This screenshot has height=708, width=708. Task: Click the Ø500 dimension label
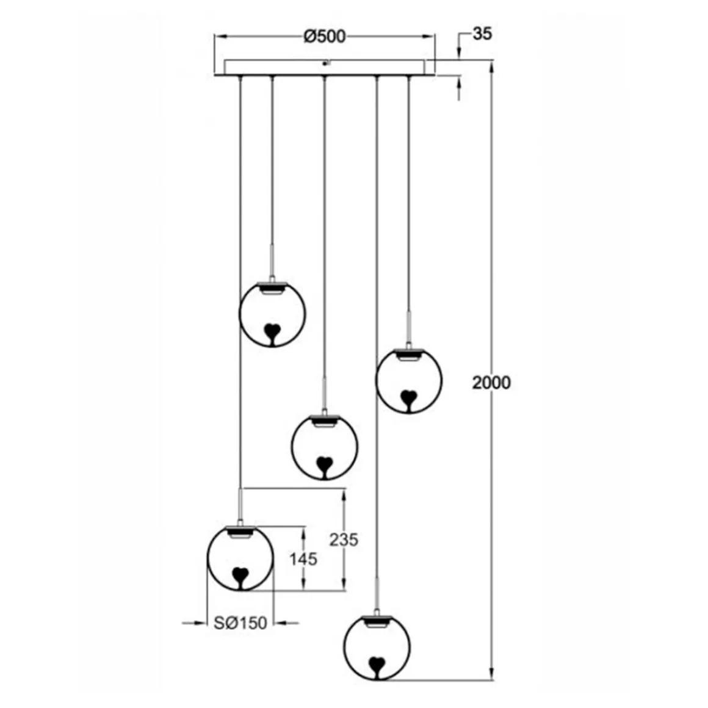(x=324, y=37)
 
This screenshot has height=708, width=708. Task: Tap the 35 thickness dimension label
(x=482, y=34)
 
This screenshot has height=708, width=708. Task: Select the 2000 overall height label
(x=491, y=383)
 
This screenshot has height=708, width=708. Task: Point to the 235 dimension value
(x=344, y=540)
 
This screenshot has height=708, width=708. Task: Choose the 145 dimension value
(x=303, y=558)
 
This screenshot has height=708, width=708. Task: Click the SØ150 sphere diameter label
(x=240, y=623)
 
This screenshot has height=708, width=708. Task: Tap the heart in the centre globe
(x=324, y=466)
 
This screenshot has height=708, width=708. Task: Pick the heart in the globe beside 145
(x=240, y=576)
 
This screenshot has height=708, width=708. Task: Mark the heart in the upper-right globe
(x=408, y=399)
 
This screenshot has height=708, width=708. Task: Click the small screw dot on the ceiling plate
(x=325, y=63)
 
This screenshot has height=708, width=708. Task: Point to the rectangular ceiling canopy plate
(x=324, y=67)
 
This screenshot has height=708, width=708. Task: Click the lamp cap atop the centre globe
(x=324, y=420)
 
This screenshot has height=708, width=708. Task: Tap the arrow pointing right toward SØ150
(x=198, y=623)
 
